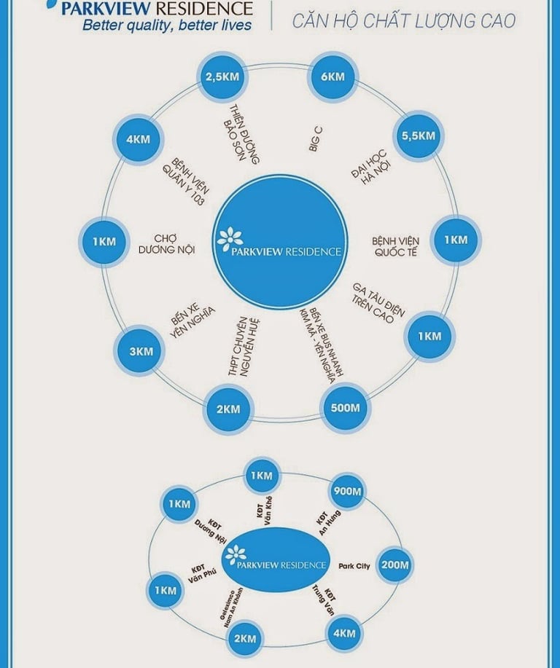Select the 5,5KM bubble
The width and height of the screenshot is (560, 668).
[x=417, y=136]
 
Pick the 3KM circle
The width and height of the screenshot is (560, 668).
[x=141, y=351]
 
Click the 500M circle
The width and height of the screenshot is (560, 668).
[x=345, y=408]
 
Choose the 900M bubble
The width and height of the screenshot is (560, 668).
[x=346, y=492]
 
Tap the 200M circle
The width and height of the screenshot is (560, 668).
[x=395, y=565]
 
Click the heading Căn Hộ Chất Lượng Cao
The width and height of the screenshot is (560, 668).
[x=403, y=21]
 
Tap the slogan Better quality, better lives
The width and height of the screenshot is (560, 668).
[x=167, y=26]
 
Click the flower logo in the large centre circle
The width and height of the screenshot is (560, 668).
[x=231, y=238]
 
